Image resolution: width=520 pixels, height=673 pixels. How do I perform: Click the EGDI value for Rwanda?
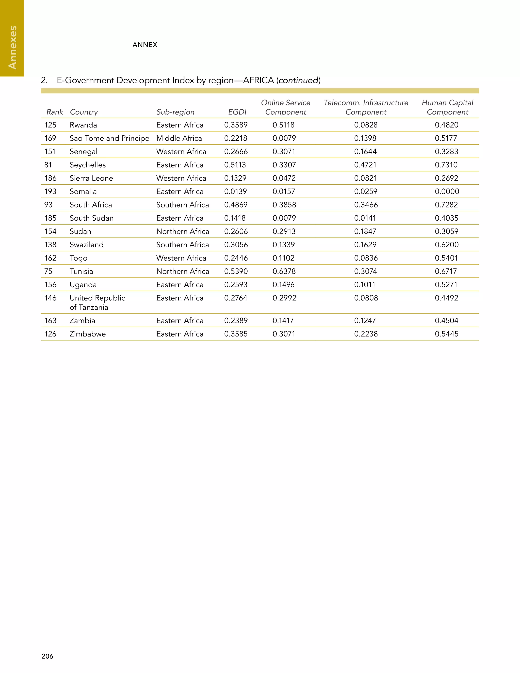(x=236, y=125)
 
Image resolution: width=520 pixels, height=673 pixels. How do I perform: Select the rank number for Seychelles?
(x=48, y=165)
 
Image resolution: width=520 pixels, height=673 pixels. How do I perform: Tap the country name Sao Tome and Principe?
(x=109, y=138)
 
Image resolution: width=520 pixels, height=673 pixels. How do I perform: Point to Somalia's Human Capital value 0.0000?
(x=447, y=191)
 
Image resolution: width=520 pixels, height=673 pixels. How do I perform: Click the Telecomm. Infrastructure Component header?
(x=366, y=107)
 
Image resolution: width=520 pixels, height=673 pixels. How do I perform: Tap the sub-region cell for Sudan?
(x=183, y=231)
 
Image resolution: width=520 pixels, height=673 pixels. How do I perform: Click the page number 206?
(x=47, y=656)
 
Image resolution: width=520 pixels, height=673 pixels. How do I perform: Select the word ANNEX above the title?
(x=145, y=45)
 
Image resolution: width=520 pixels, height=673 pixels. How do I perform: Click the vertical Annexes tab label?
(x=12, y=47)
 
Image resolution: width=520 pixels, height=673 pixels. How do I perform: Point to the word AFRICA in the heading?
(x=258, y=81)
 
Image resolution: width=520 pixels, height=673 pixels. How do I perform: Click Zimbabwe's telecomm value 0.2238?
(x=366, y=334)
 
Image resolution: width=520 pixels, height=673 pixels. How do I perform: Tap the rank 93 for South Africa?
(x=48, y=205)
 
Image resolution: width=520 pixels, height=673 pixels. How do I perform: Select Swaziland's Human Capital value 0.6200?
(x=447, y=245)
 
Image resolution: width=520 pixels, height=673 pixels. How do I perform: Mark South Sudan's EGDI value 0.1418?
(x=235, y=218)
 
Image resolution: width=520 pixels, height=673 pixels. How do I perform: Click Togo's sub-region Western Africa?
(x=181, y=258)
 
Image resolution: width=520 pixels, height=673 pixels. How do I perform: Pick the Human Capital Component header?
(x=447, y=107)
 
